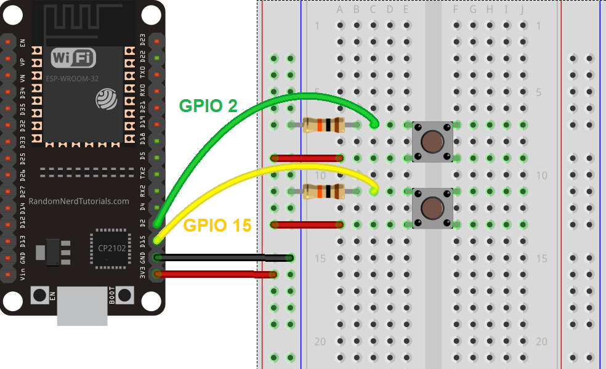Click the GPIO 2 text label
point(208,105)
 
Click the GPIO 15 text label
point(217,225)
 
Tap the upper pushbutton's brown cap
point(432,142)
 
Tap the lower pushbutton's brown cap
point(432,208)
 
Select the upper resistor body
point(323,125)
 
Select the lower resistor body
point(323,192)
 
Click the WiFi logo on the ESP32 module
point(74,58)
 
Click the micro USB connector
point(83,306)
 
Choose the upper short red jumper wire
point(307,158)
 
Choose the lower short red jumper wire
point(307,225)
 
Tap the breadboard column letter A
point(340,10)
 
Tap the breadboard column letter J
point(523,10)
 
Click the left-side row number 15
point(320,259)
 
